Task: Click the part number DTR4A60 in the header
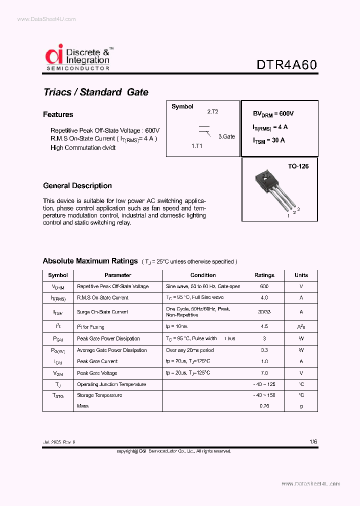point(286,65)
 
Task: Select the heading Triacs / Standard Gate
point(96,92)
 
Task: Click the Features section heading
point(58,114)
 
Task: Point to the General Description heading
point(77,185)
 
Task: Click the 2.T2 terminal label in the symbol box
point(212,112)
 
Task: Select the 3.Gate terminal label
point(226,136)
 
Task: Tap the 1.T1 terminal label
point(196,146)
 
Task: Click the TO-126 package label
point(298,166)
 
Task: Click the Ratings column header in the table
point(264,275)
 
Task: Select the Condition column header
point(203,275)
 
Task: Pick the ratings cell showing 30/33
point(264,312)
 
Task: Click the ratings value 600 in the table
point(264,286)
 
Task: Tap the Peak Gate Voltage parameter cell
point(98,373)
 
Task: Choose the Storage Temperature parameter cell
point(99,395)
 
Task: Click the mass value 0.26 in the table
point(264,406)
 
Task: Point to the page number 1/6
point(313,442)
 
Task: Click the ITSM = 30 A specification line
point(269,140)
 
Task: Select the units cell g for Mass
point(301,406)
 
